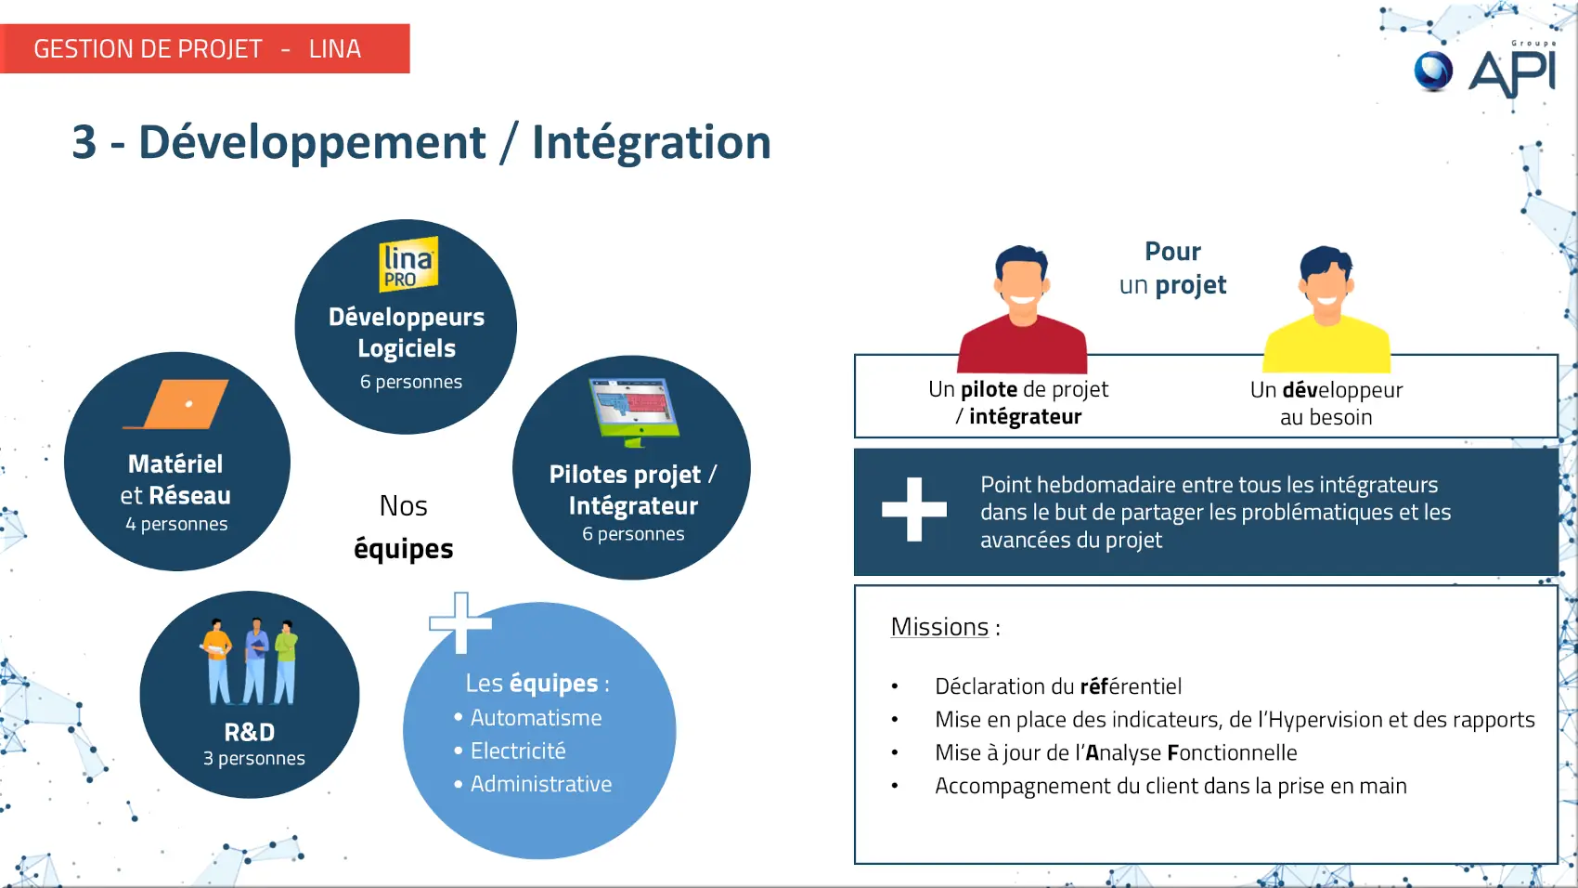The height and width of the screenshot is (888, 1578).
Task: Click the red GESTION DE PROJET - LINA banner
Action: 204,48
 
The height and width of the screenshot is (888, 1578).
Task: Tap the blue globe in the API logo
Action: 1433,72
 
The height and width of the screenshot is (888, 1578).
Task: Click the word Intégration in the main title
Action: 652,142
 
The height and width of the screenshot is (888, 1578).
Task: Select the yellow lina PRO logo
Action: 408,264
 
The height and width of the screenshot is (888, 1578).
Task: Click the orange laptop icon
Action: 176,404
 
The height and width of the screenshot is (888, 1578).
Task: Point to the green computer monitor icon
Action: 634,412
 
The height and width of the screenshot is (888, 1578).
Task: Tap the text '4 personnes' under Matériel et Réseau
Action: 176,524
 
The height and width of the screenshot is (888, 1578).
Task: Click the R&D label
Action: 250,732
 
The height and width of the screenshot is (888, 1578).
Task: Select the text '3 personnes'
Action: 253,758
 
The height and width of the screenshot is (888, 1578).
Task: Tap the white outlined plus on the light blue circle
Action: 460,622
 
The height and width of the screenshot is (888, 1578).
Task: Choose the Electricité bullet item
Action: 518,751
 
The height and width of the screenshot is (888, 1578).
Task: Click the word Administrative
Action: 541,784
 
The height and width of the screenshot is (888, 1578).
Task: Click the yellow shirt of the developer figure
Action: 1326,346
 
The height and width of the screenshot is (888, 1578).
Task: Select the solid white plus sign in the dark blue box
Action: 913,510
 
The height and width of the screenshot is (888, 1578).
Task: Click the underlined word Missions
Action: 939,627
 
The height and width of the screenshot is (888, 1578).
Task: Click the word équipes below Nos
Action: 403,549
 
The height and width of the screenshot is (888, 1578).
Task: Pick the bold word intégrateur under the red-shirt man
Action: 1025,416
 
